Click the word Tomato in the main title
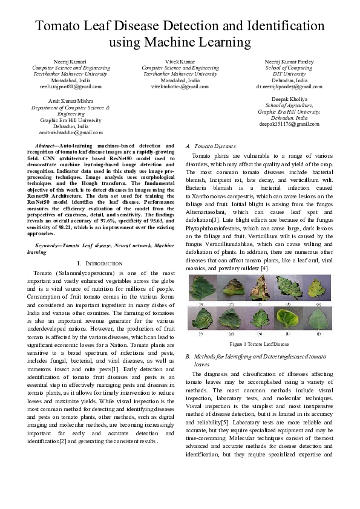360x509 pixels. [61, 27]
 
